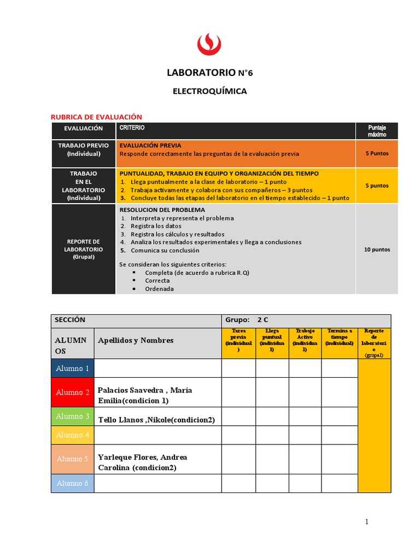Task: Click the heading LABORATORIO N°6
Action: pos(210,73)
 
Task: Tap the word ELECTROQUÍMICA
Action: pos(210,91)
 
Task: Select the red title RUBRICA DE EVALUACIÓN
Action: pos(96,117)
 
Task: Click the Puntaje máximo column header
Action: pos(377,130)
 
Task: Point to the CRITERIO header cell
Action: pos(130,127)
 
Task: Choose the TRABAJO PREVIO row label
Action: pos(84,150)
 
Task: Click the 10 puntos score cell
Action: pos(377,249)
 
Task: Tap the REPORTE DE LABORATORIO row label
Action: pos(84,249)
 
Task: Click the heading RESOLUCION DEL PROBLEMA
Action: pos(162,210)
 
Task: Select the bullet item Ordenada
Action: pos(159,289)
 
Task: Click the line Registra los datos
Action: pos(157,226)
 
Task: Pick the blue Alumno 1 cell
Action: pos(73,368)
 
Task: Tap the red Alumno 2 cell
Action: pos(73,393)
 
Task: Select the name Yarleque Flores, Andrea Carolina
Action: pos(143,462)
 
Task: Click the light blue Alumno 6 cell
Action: pos(73,484)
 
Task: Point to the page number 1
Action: pos(367,522)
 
